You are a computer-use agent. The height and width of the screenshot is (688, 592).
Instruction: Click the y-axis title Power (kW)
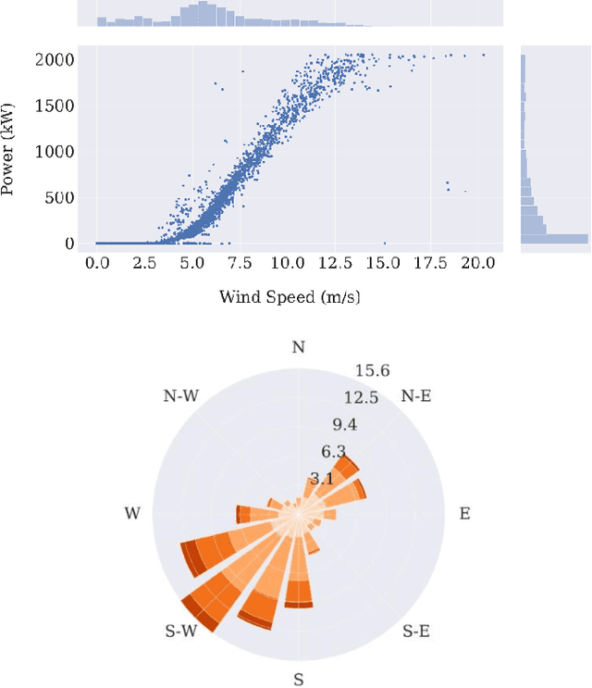click(10, 150)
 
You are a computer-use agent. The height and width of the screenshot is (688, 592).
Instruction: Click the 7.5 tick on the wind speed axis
click(240, 263)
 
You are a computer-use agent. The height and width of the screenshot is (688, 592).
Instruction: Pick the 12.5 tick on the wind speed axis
click(336, 263)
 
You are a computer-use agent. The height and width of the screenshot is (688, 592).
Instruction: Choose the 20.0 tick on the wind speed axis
click(479, 263)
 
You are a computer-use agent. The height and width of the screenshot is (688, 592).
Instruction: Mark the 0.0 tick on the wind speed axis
click(97, 263)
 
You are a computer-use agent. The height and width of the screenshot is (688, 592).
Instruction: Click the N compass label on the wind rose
click(298, 347)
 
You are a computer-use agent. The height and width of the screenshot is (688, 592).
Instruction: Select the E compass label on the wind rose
click(464, 513)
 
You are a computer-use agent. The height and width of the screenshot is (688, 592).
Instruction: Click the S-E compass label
click(417, 632)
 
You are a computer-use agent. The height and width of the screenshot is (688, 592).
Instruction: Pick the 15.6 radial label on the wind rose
click(372, 371)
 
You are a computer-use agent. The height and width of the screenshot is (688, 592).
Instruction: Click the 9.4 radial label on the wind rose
click(345, 425)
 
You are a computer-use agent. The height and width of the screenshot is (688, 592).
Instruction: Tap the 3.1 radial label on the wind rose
click(321, 479)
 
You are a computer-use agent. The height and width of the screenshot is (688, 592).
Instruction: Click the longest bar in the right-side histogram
click(554, 238)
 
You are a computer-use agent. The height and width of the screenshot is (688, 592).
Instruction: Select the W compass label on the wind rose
click(132, 513)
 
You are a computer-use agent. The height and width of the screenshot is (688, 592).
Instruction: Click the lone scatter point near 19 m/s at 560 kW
click(465, 192)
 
